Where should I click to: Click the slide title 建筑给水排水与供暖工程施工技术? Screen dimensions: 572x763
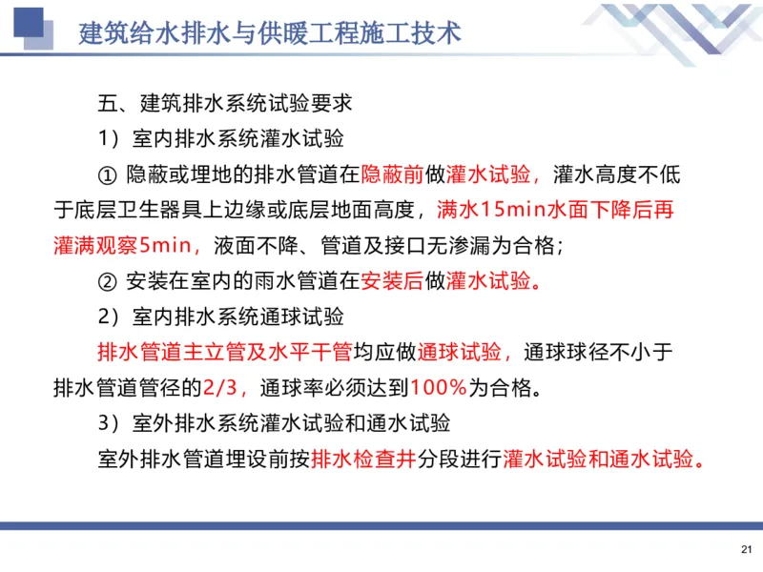271,32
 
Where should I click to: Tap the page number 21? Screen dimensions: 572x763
746,549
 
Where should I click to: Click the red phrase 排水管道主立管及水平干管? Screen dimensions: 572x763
225,352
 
